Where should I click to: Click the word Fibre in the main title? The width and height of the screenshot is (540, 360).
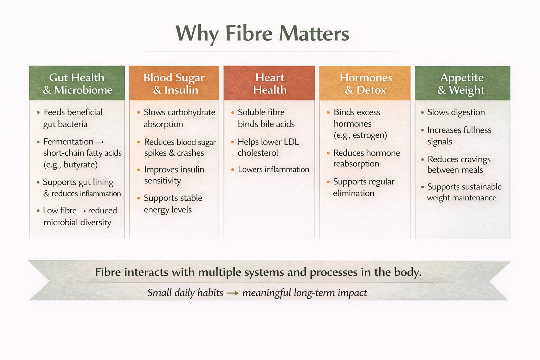click(249, 34)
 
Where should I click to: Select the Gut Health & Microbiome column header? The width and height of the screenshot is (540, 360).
click(77, 83)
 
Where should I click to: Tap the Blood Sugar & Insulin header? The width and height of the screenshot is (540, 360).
click(174, 83)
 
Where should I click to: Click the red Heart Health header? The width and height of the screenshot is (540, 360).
click(270, 83)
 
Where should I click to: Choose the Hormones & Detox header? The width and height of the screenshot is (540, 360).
click(365, 83)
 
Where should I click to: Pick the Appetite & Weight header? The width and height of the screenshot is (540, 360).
click(462, 83)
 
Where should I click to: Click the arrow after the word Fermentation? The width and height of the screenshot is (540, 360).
click(99, 142)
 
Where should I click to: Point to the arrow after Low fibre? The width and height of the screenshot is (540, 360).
click(82, 211)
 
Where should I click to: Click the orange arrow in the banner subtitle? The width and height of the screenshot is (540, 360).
click(232, 293)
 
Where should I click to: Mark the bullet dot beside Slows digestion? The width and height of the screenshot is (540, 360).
click(422, 112)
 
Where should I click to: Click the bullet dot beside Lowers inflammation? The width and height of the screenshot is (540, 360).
click(233, 169)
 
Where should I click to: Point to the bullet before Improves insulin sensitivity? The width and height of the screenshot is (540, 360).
click(139, 170)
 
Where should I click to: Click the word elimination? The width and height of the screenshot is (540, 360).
click(354, 193)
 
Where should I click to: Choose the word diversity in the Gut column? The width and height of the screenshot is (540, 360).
click(96, 222)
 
